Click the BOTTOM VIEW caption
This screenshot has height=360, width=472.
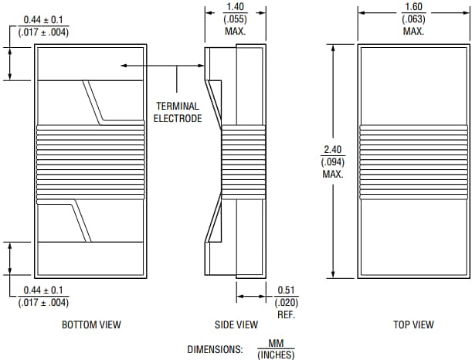(91, 325)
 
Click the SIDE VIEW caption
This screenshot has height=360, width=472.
(236, 325)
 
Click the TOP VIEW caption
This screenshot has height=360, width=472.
(413, 325)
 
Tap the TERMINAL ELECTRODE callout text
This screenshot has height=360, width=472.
(178, 112)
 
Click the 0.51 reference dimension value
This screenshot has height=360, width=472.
(286, 290)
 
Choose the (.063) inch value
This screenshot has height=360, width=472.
(413, 19)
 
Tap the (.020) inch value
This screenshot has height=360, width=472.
(286, 302)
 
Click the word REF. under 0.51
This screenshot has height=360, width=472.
(286, 314)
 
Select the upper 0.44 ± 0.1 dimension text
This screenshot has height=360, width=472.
(43, 19)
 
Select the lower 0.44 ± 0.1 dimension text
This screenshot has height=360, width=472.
(43, 290)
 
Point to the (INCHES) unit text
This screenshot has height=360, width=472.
(276, 354)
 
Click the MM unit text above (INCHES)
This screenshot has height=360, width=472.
(276, 342)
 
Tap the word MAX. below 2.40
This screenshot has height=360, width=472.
(333, 174)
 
